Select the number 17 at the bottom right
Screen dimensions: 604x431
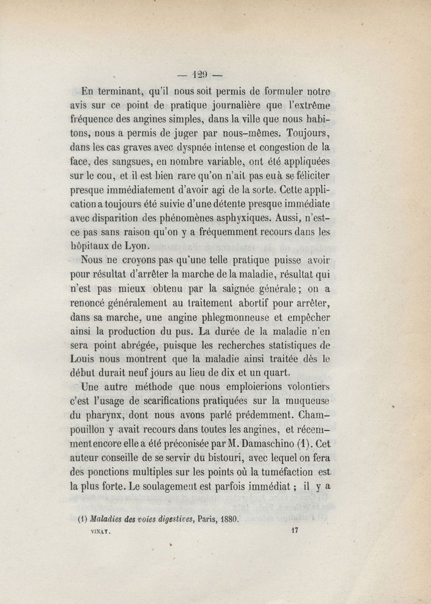pos(294,530)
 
